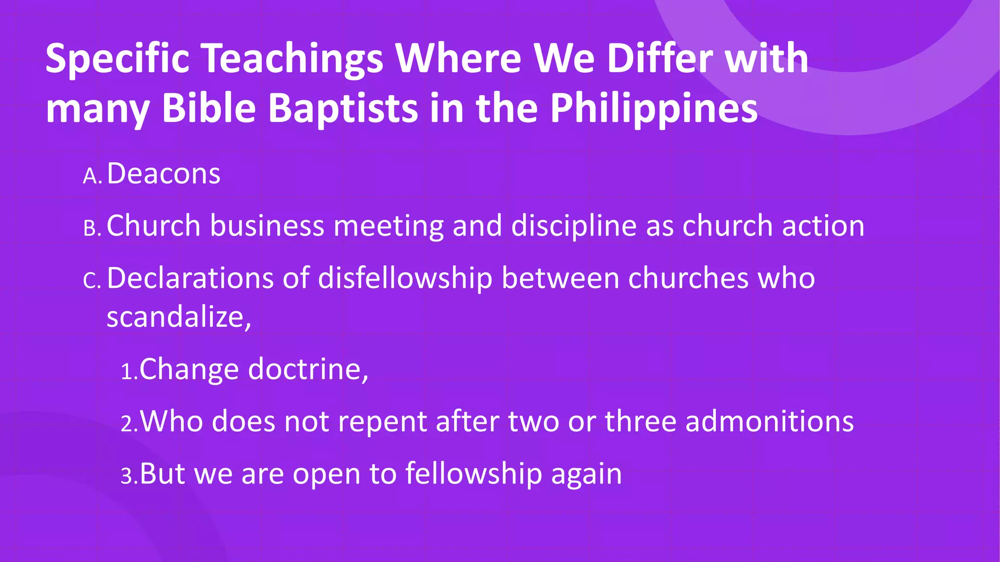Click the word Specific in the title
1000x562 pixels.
coord(117,59)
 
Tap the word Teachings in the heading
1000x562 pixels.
coord(292,59)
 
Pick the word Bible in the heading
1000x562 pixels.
coord(209,108)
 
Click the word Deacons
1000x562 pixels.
coord(164,174)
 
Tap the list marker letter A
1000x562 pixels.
coord(91,176)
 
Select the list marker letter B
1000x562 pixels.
coord(91,228)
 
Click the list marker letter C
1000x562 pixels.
coord(91,281)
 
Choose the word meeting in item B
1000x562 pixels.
coord(389,226)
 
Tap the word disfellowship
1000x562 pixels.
coord(405,278)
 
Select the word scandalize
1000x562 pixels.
coord(176,317)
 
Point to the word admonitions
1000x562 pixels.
coord(770,421)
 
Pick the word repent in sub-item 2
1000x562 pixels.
coord(382,422)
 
